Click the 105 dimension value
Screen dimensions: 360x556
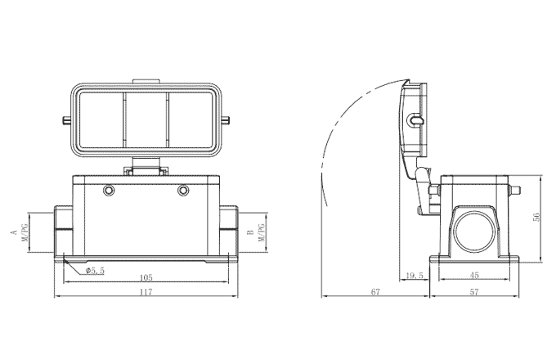coord(146,277)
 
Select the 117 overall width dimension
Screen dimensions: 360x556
coord(146,291)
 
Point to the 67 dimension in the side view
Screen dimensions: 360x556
coord(375,291)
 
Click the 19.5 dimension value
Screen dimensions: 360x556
coord(415,277)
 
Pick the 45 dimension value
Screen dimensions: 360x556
coord(475,277)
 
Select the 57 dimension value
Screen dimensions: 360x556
coord(475,291)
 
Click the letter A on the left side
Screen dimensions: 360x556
coord(14,232)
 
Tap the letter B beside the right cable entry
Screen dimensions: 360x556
coord(249,232)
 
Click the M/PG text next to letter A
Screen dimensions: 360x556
coord(25,232)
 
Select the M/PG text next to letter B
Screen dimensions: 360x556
coord(262,232)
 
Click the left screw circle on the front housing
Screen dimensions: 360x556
coord(109,191)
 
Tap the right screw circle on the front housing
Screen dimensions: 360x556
coord(184,191)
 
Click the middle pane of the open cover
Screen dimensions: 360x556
coord(146,123)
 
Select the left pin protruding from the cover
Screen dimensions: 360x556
coord(65,124)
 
